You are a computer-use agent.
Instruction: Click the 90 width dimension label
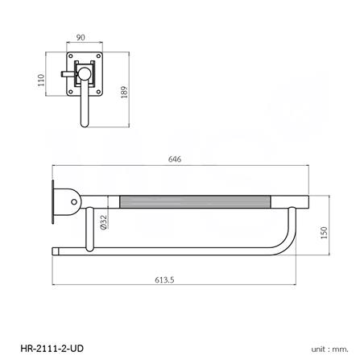click(81, 37)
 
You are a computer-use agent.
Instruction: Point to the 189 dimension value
click(123, 92)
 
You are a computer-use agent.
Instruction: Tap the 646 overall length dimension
click(175, 158)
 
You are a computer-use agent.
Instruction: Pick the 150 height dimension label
click(325, 232)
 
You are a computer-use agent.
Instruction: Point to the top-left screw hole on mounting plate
click(71, 60)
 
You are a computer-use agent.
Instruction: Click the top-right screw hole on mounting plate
click(97, 60)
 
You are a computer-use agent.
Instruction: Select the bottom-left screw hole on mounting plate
click(71, 90)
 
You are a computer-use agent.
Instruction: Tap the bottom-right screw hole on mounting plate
click(97, 90)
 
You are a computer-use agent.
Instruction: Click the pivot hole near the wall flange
click(74, 201)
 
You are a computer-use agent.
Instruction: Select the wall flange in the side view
click(54, 201)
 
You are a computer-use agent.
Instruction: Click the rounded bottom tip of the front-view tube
click(85, 125)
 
